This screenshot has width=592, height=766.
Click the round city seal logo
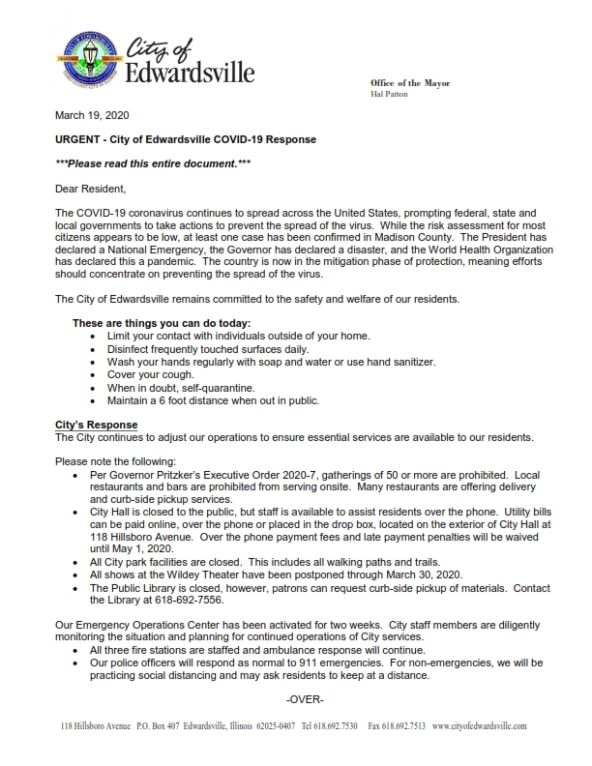click(x=86, y=59)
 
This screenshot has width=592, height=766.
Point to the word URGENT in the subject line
click(x=80, y=139)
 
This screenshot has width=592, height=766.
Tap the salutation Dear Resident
click(x=91, y=189)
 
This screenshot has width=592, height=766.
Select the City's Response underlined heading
click(x=97, y=426)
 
